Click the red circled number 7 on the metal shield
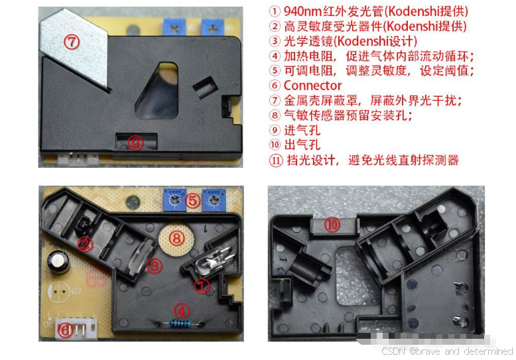72,42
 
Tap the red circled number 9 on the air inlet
135,143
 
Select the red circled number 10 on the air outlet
332,225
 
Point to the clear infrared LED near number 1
208,263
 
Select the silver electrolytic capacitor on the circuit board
59,262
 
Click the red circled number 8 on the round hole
176,238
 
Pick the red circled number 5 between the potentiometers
193,200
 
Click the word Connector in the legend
312,86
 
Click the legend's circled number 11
276,160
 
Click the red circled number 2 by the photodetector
85,244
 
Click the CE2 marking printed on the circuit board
76,291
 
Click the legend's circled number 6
275,86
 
